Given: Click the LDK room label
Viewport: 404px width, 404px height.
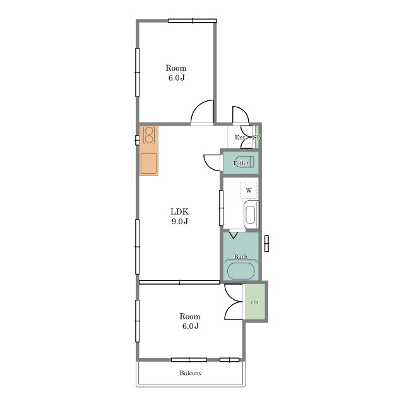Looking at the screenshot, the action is [179, 211].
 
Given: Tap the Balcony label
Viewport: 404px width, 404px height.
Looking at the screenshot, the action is [191, 373].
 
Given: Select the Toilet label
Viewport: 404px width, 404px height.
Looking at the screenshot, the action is [241, 163].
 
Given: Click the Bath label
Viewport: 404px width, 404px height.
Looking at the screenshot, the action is [241, 257].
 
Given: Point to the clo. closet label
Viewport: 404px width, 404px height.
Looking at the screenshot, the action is [255, 302].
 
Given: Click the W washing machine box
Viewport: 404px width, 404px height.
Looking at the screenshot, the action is [249, 190].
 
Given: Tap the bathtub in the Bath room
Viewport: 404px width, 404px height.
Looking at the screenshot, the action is [241, 271].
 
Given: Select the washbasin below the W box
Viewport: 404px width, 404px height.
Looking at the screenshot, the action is [251, 215].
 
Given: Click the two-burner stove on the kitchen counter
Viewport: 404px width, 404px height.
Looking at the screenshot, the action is [149, 135].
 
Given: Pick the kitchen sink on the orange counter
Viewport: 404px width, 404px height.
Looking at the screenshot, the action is [149, 163].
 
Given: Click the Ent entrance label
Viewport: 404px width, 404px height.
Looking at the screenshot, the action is [239, 138].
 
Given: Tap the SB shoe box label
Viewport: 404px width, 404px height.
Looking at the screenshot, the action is [257, 138].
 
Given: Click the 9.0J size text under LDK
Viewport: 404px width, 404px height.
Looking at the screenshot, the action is [179, 221].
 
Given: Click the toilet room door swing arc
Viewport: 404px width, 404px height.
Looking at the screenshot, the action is [209, 165].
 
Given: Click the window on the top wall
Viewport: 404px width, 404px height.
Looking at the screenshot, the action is [192, 21].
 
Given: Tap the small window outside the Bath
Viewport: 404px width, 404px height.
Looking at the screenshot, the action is [266, 244].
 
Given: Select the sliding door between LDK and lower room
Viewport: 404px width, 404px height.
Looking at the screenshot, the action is [179, 282].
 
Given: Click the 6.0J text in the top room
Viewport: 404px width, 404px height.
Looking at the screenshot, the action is [177, 78].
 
